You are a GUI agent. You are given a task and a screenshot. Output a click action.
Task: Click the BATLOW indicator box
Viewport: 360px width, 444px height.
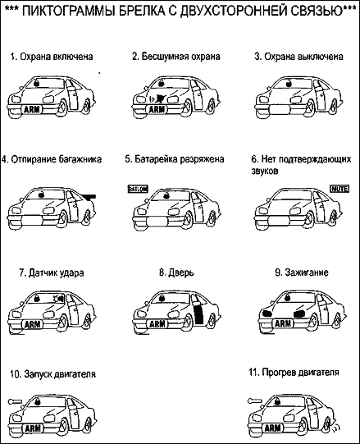click(138, 189)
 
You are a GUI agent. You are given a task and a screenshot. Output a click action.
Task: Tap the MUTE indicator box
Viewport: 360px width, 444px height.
click(339, 189)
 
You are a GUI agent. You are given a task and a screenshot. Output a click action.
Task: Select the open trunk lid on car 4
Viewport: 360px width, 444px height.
click(88, 195)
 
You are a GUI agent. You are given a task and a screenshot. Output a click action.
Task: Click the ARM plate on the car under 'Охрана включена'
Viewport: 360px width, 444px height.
click(31, 109)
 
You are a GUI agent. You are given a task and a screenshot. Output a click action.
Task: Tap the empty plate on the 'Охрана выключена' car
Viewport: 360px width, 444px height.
click(280, 110)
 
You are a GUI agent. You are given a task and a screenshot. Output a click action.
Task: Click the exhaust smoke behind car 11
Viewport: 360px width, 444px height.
click(335, 428)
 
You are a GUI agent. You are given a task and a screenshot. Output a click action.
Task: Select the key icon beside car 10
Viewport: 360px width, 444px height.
click(15, 401)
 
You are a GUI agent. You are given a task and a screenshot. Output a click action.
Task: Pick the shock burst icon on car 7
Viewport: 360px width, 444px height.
click(58, 298)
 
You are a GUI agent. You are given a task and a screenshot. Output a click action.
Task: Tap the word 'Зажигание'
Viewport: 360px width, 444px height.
click(307, 272)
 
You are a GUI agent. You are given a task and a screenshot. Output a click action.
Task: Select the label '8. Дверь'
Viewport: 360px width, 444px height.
click(176, 272)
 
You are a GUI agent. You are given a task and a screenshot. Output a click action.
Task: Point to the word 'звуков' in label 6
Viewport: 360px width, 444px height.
click(264, 171)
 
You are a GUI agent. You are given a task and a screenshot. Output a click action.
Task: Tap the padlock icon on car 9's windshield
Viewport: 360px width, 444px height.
click(287, 297)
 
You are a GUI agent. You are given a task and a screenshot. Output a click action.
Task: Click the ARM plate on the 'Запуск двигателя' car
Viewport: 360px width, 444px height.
click(33, 428)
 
